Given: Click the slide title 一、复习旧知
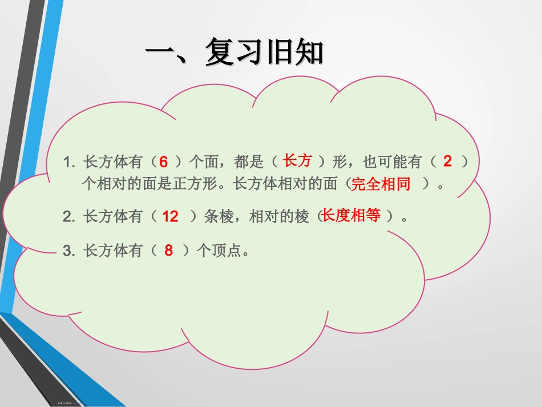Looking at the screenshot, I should (234, 53).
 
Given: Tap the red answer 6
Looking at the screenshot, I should (163, 163).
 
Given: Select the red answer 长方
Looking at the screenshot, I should (298, 161).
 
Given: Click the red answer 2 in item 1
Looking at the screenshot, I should (447, 162).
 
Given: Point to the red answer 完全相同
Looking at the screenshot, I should (381, 184).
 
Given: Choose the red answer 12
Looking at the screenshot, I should (171, 217).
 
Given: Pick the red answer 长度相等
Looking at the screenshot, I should (351, 216).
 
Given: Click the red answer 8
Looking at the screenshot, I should (168, 250).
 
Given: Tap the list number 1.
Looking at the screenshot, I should (69, 163).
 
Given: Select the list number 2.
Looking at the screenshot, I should (69, 217).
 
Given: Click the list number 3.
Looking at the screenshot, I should (69, 251).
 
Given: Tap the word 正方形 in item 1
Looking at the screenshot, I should (202, 184).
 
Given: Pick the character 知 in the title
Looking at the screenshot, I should (308, 53).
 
